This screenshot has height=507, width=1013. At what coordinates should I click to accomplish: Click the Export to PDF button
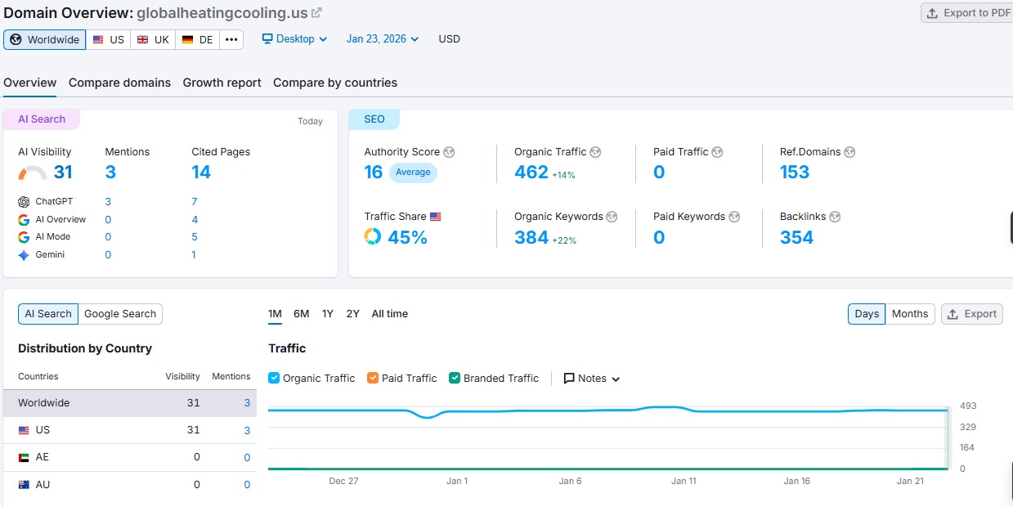(x=967, y=13)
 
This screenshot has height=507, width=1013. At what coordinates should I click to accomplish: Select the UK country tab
(x=153, y=39)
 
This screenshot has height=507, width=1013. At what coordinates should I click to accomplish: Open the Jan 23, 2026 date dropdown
(x=382, y=39)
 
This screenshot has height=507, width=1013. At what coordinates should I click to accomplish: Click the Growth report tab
(x=222, y=83)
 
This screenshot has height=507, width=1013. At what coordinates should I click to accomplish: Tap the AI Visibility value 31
(x=63, y=172)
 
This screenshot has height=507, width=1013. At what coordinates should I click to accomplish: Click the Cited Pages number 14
(x=201, y=172)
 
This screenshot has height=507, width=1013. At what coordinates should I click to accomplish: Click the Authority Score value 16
(x=374, y=172)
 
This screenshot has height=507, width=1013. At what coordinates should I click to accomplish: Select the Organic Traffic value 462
(x=531, y=172)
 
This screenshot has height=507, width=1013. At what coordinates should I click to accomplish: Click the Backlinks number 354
(x=796, y=237)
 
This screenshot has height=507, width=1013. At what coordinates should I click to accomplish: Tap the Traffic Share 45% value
(x=407, y=237)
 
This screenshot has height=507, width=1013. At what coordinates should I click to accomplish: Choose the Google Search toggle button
(x=120, y=314)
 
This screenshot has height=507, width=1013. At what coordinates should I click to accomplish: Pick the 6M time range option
(x=301, y=314)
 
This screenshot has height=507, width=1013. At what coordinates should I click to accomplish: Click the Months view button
(x=910, y=314)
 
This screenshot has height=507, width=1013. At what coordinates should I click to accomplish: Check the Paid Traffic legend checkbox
(x=373, y=379)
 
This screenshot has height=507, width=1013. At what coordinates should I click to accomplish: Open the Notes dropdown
(x=592, y=379)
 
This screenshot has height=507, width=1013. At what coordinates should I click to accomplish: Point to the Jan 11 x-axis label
(x=684, y=481)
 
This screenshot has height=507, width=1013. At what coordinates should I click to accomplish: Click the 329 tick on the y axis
(x=967, y=427)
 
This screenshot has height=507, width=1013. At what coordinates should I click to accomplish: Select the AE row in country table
(x=43, y=457)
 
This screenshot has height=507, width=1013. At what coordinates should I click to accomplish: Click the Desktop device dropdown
(x=294, y=39)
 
